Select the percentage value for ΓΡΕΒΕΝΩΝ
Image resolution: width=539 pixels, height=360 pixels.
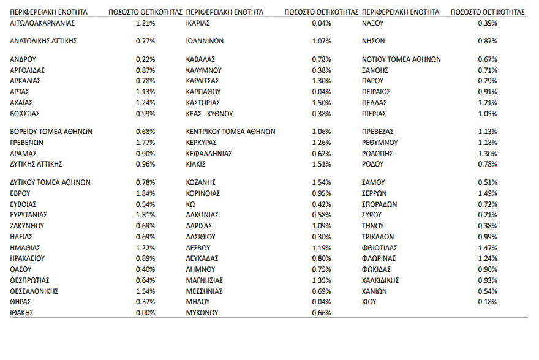pyautogui.click(x=145, y=143)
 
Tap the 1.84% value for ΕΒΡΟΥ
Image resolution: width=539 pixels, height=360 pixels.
pyautogui.click(x=145, y=193)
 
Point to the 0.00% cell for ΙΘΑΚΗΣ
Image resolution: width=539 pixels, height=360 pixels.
pyautogui.click(x=145, y=313)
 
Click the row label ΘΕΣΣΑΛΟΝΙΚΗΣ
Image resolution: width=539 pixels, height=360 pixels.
pyautogui.click(x=34, y=291)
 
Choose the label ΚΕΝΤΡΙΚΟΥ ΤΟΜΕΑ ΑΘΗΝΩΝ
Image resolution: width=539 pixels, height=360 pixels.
pyautogui.click(x=230, y=132)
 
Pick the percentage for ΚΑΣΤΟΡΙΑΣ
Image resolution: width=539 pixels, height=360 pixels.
pyautogui.click(x=321, y=103)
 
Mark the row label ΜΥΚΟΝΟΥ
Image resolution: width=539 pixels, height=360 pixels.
pyautogui.click(x=202, y=313)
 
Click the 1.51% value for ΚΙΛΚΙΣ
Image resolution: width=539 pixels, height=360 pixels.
pyautogui.click(x=321, y=164)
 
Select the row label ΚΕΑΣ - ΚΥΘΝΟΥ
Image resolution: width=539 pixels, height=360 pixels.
pyautogui.click(x=209, y=114)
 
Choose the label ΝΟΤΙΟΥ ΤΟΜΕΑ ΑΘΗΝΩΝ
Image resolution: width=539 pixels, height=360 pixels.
pyautogui.click(x=401, y=59)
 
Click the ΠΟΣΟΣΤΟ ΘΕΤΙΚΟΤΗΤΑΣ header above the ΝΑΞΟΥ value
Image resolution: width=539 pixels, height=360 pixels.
pyautogui.click(x=488, y=12)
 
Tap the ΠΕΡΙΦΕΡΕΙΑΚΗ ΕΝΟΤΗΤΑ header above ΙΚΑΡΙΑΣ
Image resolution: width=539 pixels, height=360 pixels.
pyautogui.click(x=224, y=12)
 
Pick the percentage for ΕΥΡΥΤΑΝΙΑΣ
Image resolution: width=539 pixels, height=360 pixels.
pyautogui.click(x=145, y=215)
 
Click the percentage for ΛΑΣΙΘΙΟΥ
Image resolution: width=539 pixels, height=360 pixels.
pyautogui.click(x=321, y=236)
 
